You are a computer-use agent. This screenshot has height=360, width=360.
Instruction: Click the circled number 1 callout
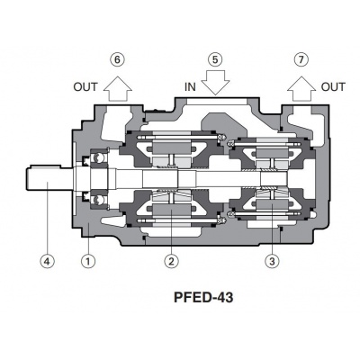point(87,262)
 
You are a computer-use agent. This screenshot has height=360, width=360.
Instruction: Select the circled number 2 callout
point(170,262)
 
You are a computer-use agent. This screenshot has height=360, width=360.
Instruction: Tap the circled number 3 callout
point(272,262)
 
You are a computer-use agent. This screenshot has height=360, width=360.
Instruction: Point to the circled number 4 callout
point(47,262)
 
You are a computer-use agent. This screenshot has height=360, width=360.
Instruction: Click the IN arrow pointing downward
point(214,85)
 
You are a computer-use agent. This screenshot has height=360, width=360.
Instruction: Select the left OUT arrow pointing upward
point(116,86)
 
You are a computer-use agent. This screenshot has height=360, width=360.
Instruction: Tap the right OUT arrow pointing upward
point(300,86)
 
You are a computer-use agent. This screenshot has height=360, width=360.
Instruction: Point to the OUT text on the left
point(86,87)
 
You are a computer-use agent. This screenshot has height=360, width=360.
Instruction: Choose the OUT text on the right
point(333,87)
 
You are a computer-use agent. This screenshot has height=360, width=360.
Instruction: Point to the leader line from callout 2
point(170,229)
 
